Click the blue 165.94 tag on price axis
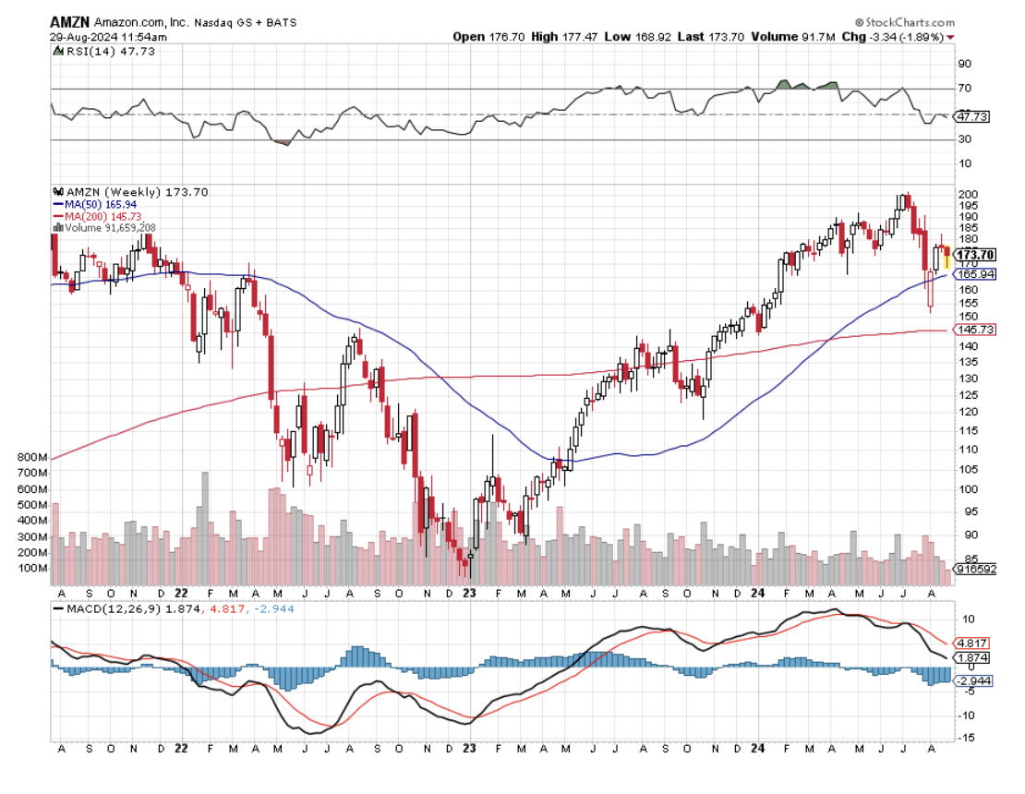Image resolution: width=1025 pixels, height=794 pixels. pyautogui.click(x=974, y=274)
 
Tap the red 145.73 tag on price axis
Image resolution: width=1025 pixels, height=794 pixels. pyautogui.click(x=974, y=330)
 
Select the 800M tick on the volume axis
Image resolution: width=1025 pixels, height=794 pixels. pyautogui.click(x=30, y=458)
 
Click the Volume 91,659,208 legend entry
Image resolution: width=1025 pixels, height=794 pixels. pyautogui.click(x=108, y=226)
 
